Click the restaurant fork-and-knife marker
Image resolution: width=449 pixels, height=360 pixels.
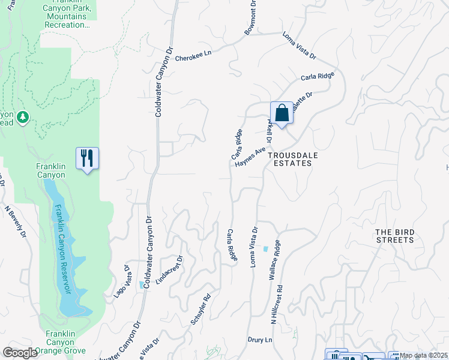87,158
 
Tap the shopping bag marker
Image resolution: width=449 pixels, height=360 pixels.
282,112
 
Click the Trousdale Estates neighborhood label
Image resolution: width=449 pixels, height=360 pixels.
292,158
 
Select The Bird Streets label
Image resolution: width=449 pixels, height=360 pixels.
394,236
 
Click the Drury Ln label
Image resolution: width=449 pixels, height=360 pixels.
259,340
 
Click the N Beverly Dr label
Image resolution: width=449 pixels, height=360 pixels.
16,221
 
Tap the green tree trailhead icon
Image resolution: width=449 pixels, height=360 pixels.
23,117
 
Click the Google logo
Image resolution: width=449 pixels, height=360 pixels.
20,353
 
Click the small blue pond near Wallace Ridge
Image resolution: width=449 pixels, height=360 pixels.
265,249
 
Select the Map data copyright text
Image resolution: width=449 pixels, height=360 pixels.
424,356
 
